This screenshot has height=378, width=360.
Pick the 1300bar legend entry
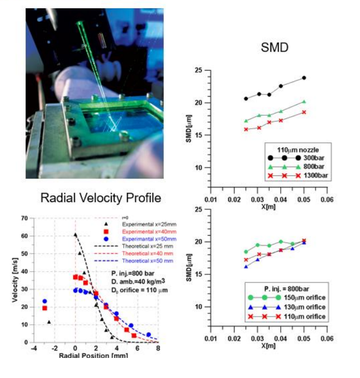click(x=305, y=175)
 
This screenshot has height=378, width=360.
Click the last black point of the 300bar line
click(x=304, y=78)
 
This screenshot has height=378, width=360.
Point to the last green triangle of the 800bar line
click(x=304, y=102)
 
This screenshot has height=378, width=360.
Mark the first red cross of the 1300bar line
click(x=246, y=129)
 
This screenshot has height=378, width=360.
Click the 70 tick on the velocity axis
click(x=24, y=218)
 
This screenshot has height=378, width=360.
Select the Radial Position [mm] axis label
click(x=96, y=356)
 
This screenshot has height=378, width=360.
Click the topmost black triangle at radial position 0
click(x=75, y=235)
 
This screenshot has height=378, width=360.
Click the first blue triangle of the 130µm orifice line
click(x=246, y=267)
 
